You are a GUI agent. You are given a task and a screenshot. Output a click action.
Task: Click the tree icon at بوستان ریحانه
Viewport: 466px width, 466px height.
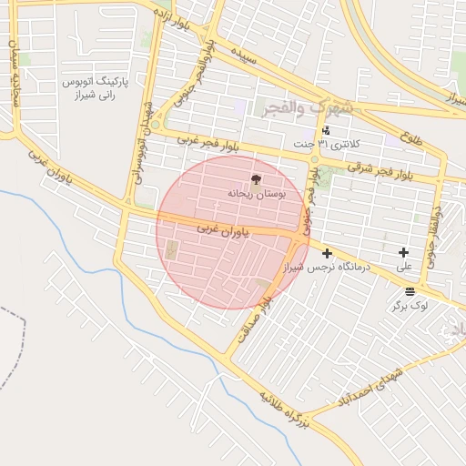point(254,179)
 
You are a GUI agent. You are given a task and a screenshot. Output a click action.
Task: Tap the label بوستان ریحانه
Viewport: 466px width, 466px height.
point(255,194)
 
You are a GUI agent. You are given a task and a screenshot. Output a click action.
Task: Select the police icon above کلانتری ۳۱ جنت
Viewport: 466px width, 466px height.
point(326,130)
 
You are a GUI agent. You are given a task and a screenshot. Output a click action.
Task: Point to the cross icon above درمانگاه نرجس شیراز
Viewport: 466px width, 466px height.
point(327,253)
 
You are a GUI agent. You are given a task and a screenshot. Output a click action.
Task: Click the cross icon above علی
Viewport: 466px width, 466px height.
point(404,252)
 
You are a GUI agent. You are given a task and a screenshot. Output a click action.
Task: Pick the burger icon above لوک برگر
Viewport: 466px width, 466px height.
point(410,292)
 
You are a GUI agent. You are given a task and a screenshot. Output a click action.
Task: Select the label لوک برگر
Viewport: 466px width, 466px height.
point(410,307)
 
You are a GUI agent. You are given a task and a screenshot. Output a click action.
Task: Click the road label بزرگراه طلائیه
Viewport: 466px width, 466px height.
point(287,410)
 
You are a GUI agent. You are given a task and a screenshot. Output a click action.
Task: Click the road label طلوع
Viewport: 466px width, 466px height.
point(410,136)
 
